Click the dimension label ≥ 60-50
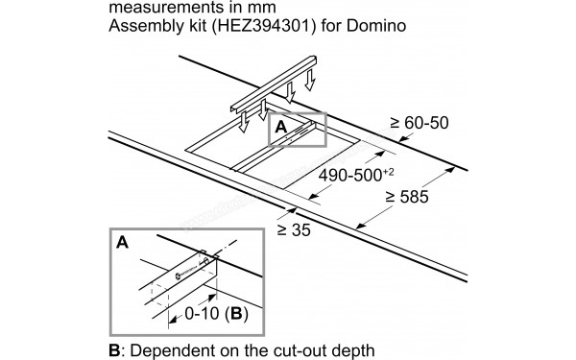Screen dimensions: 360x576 (420, 123)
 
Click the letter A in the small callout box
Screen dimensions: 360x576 (280, 126)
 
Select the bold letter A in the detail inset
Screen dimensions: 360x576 (122, 244)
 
